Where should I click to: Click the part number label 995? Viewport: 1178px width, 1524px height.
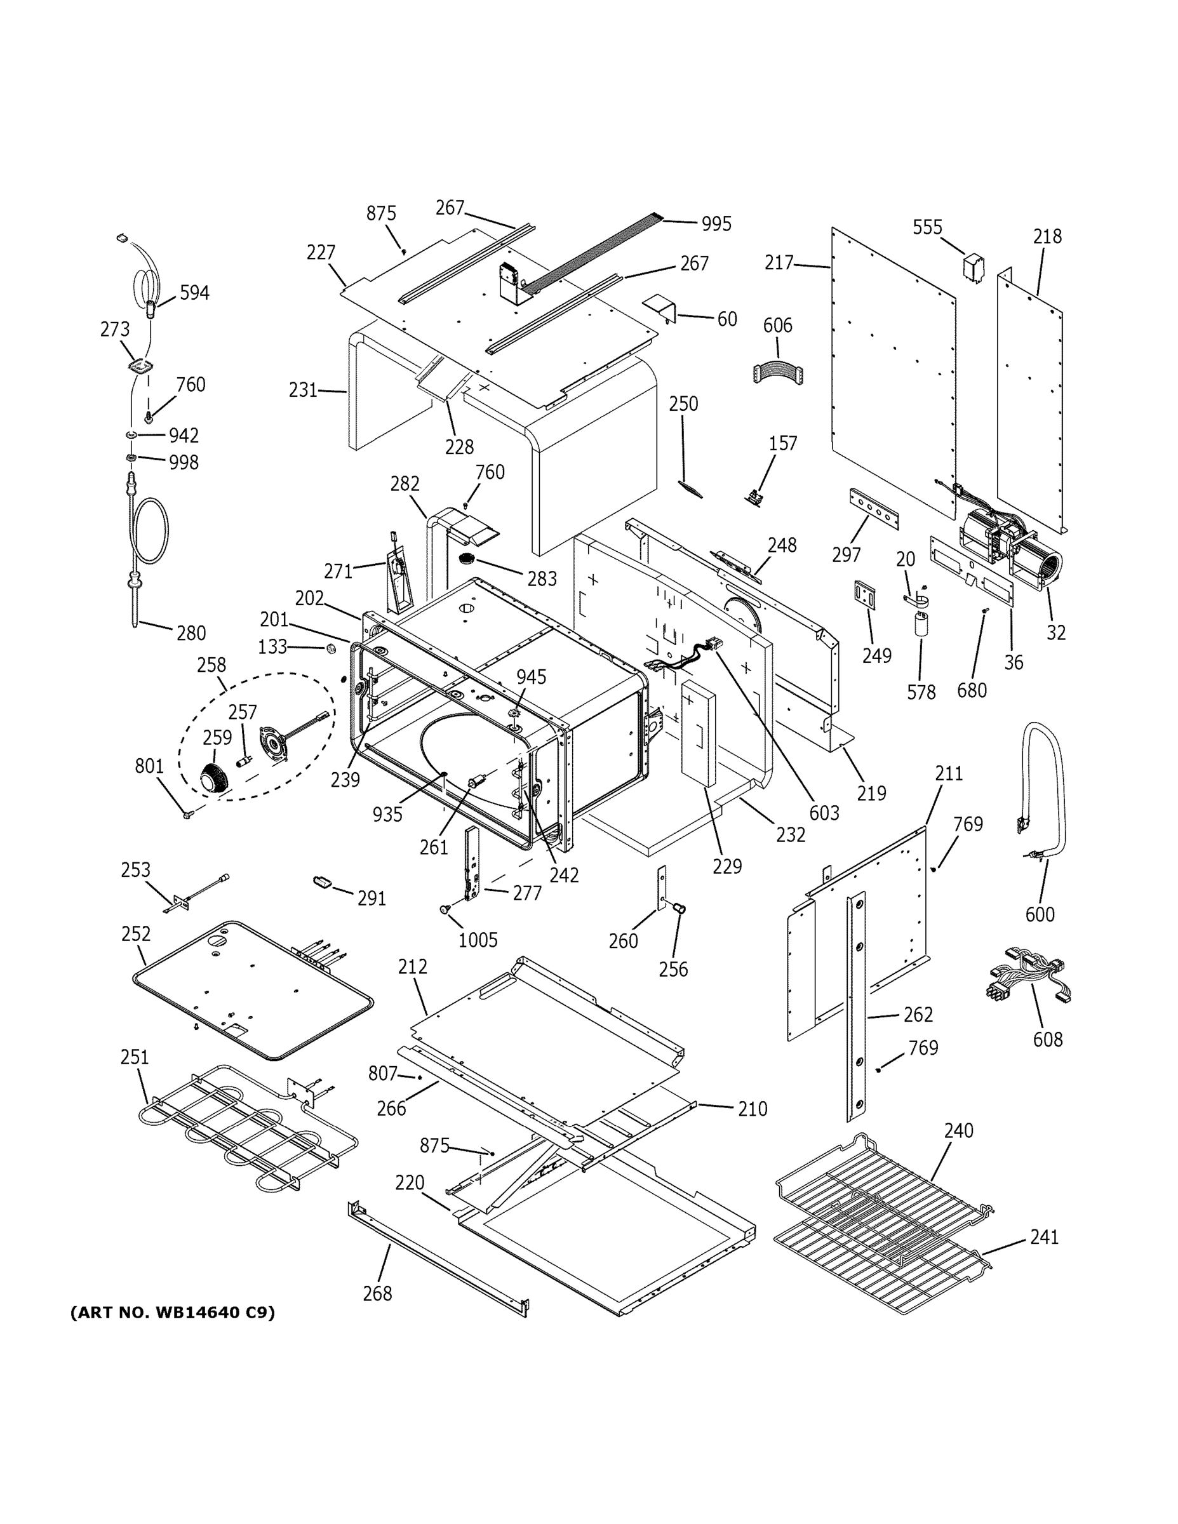pos(716,224)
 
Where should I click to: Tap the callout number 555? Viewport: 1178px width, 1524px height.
pos(927,227)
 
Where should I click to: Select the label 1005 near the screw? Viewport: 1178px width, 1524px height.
pos(478,940)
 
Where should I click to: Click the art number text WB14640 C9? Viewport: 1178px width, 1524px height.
pos(172,1313)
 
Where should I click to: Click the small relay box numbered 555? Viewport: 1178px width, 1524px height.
pos(974,268)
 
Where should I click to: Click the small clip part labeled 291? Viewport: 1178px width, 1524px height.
pos(322,882)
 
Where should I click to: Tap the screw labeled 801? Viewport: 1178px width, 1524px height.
pos(187,813)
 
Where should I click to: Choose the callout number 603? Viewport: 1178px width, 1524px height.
pos(824,813)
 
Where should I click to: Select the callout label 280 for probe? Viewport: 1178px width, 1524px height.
pos(191,633)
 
